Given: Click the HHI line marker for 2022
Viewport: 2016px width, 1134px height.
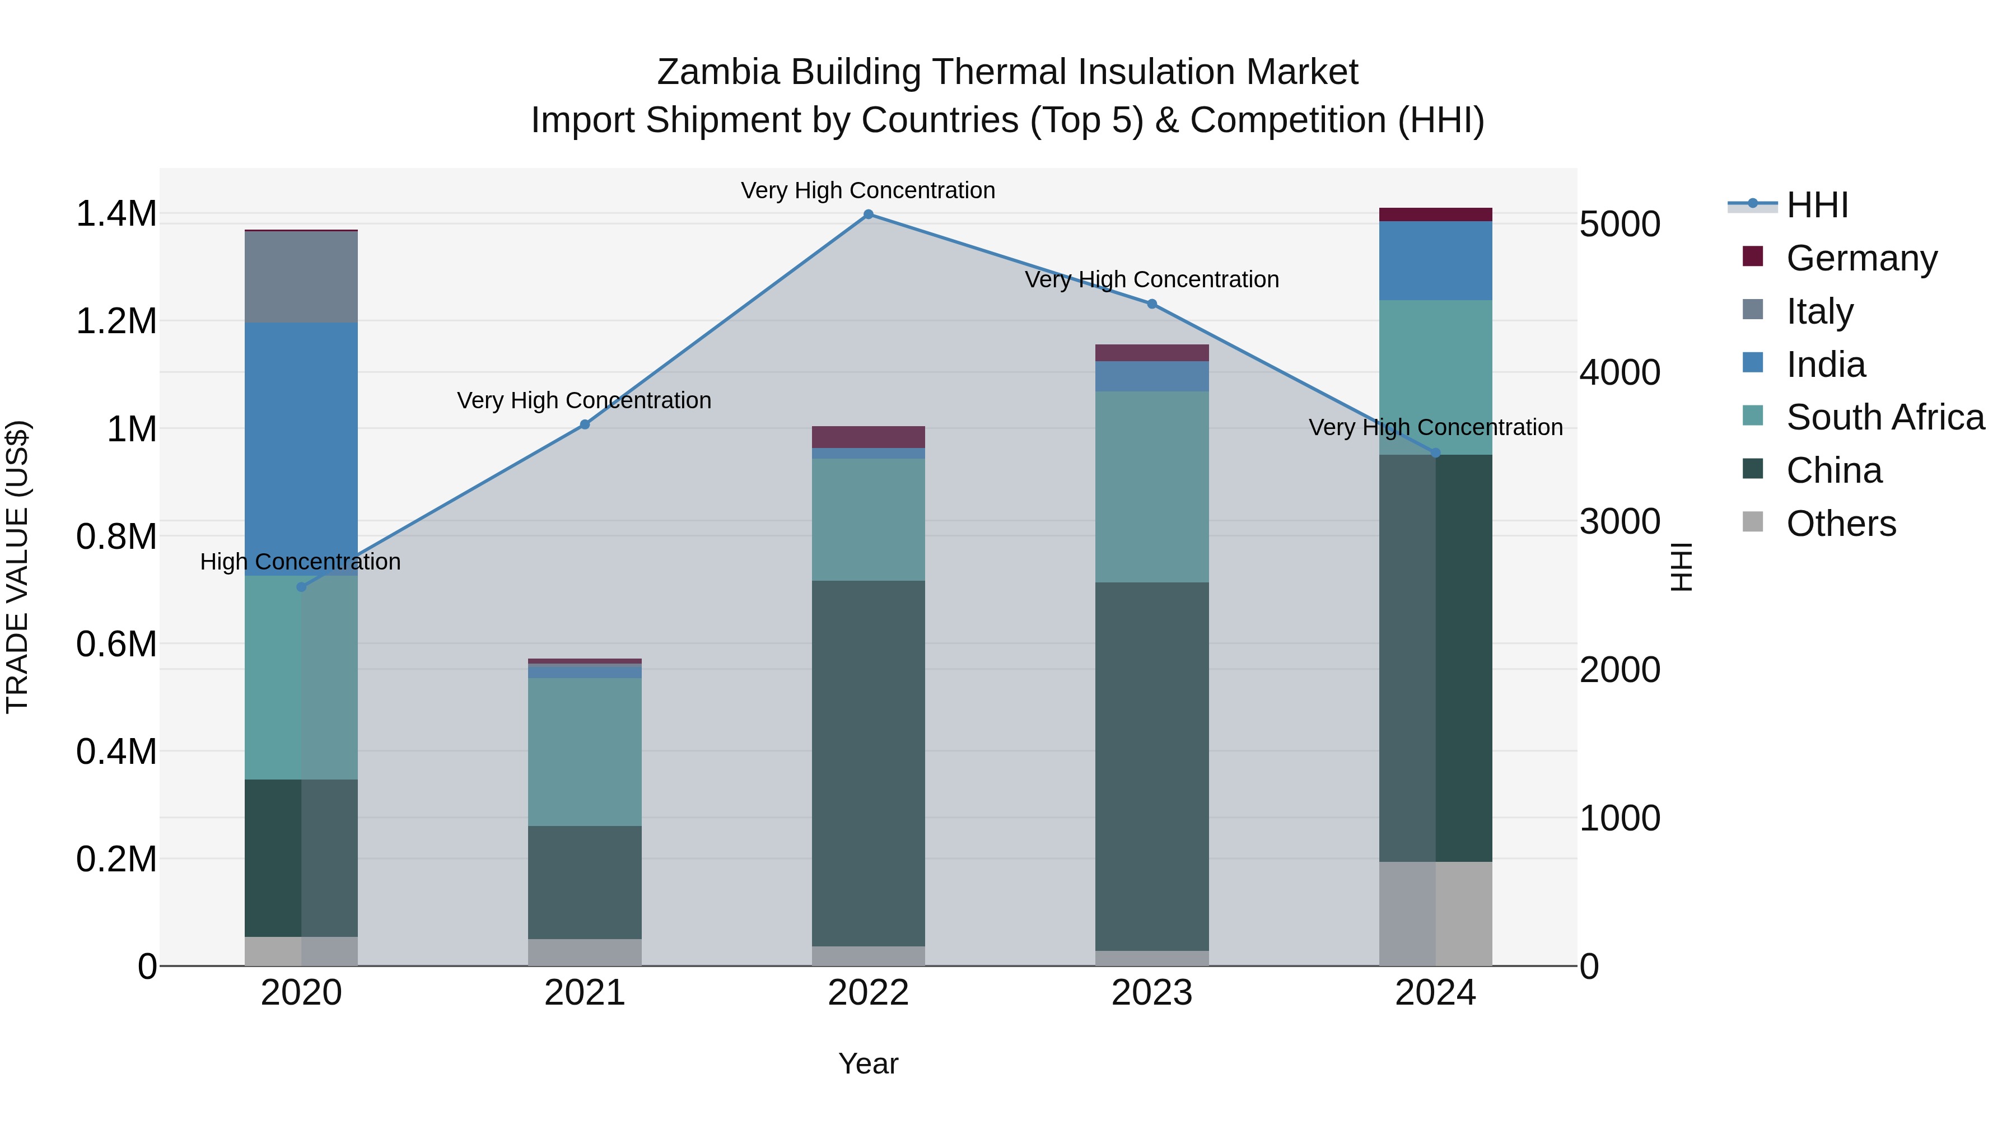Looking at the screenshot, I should [x=868, y=214].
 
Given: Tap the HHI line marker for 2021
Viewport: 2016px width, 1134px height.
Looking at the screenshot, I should [x=585, y=424].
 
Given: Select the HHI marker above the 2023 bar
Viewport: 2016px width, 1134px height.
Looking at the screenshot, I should [x=1152, y=304].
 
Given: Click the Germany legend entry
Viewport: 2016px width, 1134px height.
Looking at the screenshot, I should [x=1861, y=258].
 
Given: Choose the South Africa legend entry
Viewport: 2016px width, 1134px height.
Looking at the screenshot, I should [x=1884, y=417].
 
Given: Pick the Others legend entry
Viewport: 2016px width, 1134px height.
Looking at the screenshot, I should [x=1841, y=524].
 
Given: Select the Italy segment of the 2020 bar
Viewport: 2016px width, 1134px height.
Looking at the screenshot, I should [x=301, y=277].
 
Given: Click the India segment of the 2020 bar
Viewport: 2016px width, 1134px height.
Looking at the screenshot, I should [x=301, y=449].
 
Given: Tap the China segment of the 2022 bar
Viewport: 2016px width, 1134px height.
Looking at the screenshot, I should [x=868, y=763].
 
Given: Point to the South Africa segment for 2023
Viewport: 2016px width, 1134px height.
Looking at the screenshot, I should [x=1152, y=486].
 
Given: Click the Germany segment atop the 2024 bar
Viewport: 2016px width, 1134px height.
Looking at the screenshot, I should [x=1435, y=214].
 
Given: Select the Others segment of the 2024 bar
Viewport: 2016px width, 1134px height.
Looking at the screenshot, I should [x=1435, y=913].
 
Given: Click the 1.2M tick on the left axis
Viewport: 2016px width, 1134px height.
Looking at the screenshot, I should [x=116, y=321].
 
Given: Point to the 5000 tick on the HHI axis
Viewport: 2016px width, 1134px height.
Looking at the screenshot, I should [x=1619, y=225].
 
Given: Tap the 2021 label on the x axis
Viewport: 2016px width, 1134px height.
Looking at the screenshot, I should [x=585, y=993].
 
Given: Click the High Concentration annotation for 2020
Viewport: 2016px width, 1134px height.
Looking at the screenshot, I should [x=301, y=562].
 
